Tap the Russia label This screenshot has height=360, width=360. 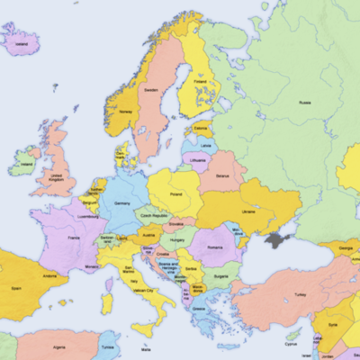click(x=305, y=103)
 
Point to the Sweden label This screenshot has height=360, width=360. click(x=151, y=91)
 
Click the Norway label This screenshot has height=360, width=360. click(x=125, y=112)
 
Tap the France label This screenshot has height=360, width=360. click(x=74, y=238)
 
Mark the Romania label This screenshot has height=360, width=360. click(x=214, y=247)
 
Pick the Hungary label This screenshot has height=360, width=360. click(x=178, y=240)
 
